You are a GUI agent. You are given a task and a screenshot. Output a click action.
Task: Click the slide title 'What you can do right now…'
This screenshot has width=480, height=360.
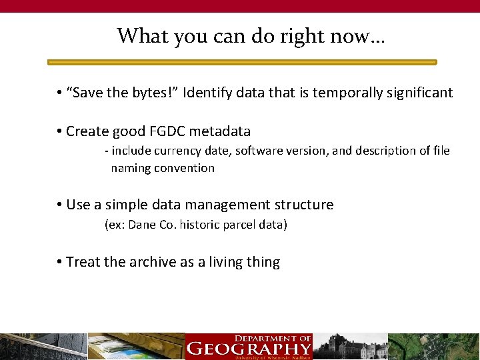251,35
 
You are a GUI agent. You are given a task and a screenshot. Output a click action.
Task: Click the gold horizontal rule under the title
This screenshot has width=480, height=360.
242,62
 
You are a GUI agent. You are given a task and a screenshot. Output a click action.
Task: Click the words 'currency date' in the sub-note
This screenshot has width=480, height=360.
191,151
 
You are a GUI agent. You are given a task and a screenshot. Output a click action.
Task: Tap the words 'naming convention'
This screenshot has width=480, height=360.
163,168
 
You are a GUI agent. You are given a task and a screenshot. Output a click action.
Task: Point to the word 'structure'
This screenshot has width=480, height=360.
304,205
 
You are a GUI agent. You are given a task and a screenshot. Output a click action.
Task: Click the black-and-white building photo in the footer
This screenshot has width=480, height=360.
350,347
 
